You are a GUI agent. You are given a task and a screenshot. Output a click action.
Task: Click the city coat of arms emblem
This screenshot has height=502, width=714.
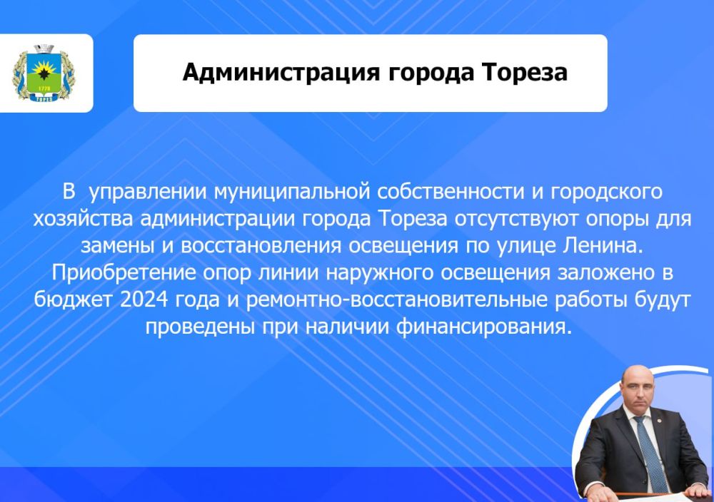click(x=44, y=73)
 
